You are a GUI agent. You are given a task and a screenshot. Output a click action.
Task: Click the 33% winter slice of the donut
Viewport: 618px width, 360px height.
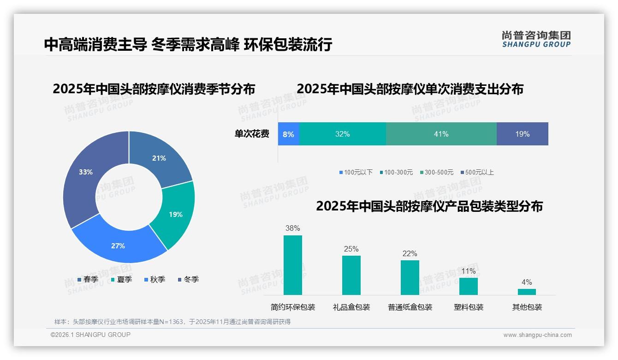pos(86,175)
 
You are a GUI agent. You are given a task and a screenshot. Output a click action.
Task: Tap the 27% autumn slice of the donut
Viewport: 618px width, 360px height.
pos(117,245)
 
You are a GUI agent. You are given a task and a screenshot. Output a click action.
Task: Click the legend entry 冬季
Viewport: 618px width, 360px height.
pos(189,279)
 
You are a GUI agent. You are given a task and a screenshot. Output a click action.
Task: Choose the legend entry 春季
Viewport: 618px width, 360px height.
pos(88,279)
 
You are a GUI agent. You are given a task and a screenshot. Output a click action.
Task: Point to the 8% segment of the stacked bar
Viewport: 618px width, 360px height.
pos(289,134)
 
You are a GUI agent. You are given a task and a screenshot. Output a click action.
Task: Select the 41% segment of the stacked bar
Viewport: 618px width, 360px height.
pos(441,134)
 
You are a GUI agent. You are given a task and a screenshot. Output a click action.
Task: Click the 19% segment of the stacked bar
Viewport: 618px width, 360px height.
pos(522,134)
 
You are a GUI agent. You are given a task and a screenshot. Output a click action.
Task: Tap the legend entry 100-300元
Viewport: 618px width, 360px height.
pos(397,173)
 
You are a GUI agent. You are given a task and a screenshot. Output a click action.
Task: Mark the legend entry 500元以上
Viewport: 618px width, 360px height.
pos(477,173)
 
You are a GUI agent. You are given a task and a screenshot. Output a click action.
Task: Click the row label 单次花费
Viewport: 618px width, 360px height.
pos(252,134)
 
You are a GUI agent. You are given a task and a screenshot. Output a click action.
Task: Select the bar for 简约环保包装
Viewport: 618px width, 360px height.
pos(293,265)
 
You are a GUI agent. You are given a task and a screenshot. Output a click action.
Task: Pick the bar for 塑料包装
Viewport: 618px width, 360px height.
pos(469,286)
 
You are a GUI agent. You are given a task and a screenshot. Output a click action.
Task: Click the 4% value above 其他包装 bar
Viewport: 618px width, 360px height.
pos(527,282)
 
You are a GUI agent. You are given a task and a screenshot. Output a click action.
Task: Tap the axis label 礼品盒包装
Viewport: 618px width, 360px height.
pos(351,307)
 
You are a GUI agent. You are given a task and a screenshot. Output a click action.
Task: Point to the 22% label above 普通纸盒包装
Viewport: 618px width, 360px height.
pos(410,254)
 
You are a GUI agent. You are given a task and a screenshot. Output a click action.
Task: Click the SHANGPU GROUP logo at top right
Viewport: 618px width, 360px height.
pos(536,39)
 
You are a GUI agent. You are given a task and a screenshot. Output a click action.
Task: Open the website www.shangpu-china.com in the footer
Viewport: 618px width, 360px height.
pos(537,335)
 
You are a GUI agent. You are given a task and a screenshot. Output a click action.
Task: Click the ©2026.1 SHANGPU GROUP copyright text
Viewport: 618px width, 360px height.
pos(90,335)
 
